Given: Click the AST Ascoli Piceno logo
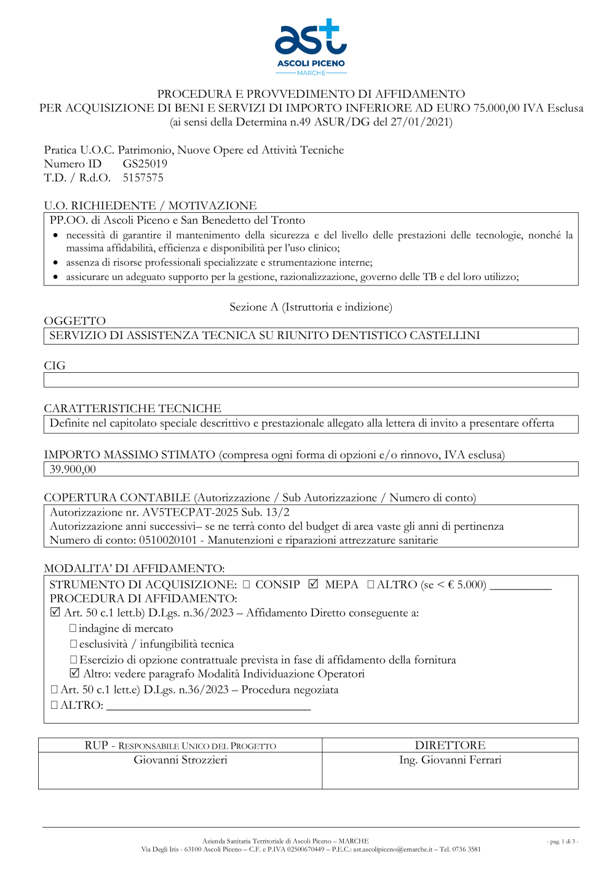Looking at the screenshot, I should coord(311,47).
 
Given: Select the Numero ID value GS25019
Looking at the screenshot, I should coord(145,164).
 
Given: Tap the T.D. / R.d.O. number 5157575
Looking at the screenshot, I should coord(143,178).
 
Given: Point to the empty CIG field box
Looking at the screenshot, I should coord(311,380).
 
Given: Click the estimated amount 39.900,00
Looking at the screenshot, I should coord(73,469).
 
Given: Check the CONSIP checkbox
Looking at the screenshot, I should coord(247,585).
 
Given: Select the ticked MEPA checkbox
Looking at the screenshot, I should coord(313,584).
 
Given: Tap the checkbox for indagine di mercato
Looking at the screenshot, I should coord(73,628).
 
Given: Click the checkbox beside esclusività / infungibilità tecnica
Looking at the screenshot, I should coord(73,644).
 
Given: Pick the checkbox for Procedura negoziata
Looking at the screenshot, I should coord(55,690).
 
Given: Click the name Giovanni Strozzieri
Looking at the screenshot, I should coord(180,760).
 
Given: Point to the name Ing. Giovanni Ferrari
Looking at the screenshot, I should coord(450,760).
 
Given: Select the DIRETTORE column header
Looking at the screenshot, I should coord(450,745).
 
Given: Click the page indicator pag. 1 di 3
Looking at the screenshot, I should coord(562,841).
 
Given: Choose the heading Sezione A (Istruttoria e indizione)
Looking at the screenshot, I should coord(311,307).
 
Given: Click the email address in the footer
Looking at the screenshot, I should coord(392,850).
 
